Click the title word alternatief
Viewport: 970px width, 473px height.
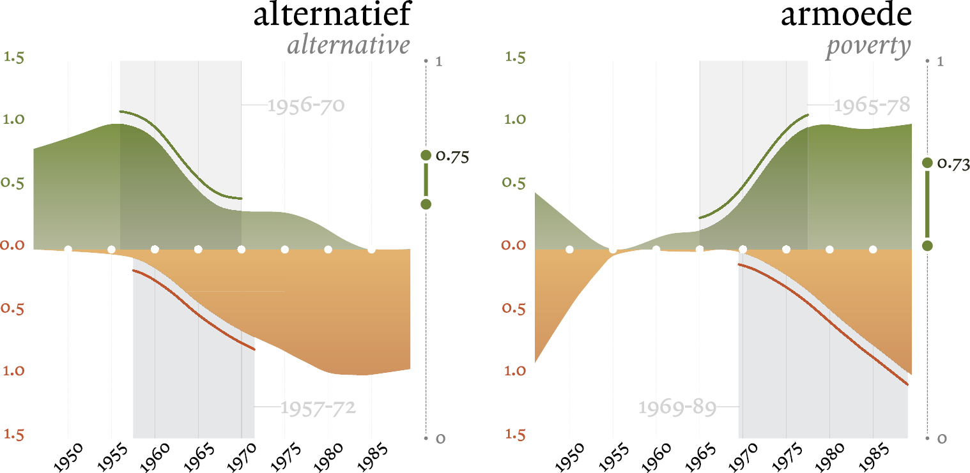pos(331,15)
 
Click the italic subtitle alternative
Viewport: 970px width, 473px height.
pos(348,46)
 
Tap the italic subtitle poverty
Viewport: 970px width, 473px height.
pos(868,46)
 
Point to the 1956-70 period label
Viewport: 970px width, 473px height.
pos(305,105)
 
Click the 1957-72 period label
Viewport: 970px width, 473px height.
pos(318,407)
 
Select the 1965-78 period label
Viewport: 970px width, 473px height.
pos(870,105)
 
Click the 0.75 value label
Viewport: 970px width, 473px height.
pos(452,156)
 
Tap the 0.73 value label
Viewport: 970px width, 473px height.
pos(953,164)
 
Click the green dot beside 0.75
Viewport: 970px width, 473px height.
pos(426,155)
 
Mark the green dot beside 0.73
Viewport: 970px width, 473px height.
pos(927,163)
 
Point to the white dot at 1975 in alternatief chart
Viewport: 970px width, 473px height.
pos(285,249)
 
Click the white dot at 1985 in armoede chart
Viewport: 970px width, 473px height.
pos(873,249)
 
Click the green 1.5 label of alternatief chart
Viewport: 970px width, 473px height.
pos(14,57)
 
